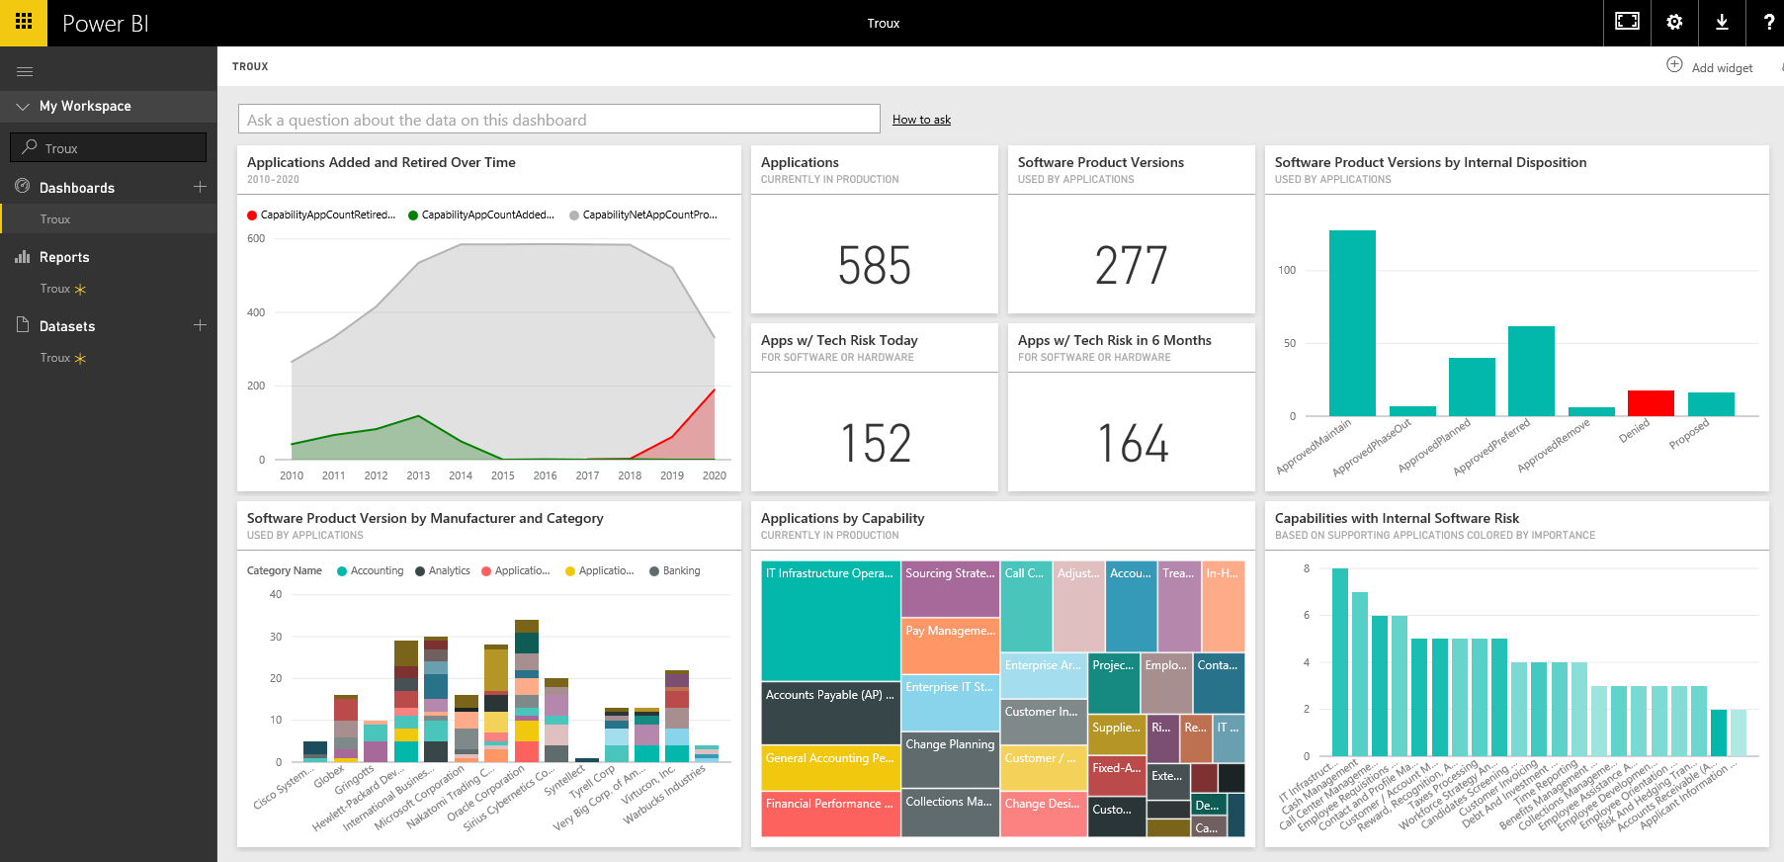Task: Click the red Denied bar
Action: click(1650, 403)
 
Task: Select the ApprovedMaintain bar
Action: click(1352, 323)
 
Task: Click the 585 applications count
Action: click(874, 266)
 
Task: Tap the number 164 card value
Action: click(1132, 444)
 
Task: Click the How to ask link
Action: click(921, 120)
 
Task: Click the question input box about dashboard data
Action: click(558, 120)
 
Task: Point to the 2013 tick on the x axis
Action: click(418, 475)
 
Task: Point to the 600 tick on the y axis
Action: click(256, 238)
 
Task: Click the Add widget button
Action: click(1710, 67)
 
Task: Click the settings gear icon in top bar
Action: click(1674, 23)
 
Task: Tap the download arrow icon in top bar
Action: click(1722, 23)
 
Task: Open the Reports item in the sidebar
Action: click(64, 257)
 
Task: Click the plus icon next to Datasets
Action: click(200, 325)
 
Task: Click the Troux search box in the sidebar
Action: click(109, 148)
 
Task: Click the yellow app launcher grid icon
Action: click(24, 23)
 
